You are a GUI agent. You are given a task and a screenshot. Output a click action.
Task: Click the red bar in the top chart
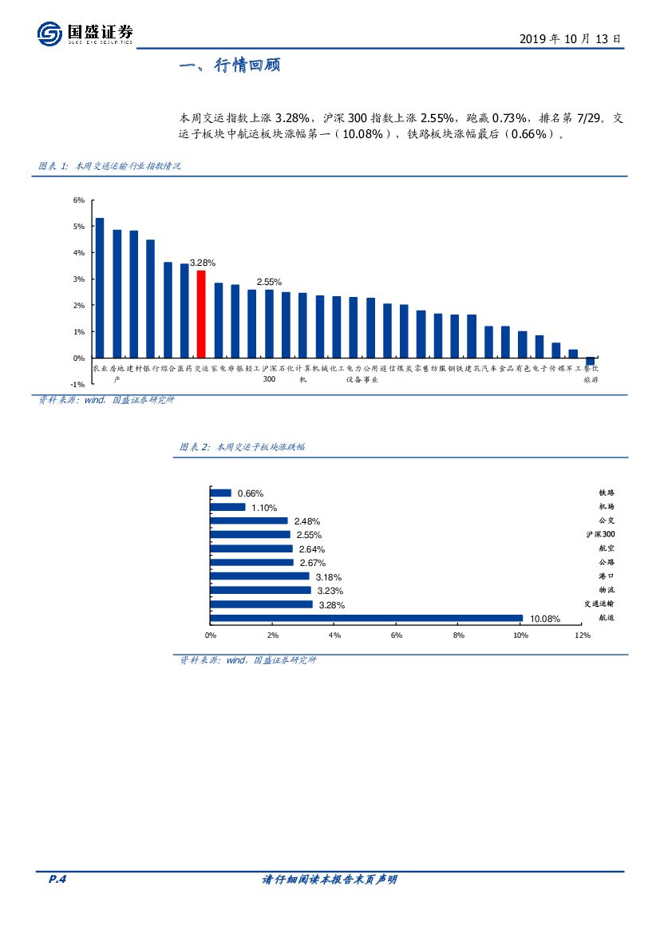[201, 314]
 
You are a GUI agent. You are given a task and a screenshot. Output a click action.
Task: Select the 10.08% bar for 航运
[366, 618]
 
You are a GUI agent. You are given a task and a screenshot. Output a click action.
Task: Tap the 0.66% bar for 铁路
[221, 493]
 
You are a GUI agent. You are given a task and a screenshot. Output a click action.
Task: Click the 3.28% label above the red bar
[202, 263]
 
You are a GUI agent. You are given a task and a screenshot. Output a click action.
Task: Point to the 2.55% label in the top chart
[269, 282]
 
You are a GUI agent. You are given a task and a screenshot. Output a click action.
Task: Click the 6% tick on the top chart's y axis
[79, 200]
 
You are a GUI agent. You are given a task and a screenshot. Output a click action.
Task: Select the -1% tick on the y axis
[77, 384]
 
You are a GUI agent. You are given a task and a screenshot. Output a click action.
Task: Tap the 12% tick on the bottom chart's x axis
[582, 635]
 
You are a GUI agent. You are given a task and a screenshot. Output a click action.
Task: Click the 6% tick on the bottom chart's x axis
[397, 635]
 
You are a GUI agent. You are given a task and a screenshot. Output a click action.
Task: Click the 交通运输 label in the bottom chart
[599, 604]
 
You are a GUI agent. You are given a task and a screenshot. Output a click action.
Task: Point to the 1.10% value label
[263, 508]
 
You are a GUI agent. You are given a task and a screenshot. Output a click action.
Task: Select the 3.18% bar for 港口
[260, 576]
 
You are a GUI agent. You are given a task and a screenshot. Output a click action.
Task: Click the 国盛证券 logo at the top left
[85, 34]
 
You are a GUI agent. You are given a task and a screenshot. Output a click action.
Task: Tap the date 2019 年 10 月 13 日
[570, 38]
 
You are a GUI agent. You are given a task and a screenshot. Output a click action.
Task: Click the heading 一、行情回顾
[229, 66]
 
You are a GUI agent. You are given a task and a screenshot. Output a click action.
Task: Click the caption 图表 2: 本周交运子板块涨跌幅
[242, 447]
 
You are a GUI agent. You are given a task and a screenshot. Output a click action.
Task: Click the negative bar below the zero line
[591, 361]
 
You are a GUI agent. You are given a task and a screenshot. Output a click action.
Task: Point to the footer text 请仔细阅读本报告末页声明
[330, 880]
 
